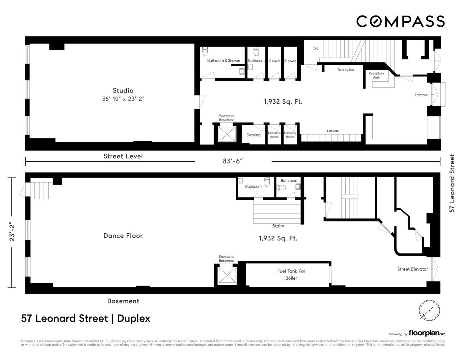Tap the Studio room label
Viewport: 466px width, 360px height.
[123, 91]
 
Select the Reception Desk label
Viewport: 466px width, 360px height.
[376, 75]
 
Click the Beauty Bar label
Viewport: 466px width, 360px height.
[346, 70]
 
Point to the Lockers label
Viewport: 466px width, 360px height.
[333, 131]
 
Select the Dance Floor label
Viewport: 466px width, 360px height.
[123, 236]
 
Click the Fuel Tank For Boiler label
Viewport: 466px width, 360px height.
[291, 275]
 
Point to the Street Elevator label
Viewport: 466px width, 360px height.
[412, 269]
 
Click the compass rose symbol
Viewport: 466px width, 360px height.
[429, 310]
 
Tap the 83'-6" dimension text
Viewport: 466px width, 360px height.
[233, 161]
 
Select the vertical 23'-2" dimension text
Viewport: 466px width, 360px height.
[12, 231]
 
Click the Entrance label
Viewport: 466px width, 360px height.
[421, 95]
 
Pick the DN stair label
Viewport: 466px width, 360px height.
[316, 49]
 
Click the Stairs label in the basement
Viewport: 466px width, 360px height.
[278, 226]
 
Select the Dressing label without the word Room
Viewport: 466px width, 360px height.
[254, 135]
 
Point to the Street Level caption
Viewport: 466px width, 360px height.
[123, 156]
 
